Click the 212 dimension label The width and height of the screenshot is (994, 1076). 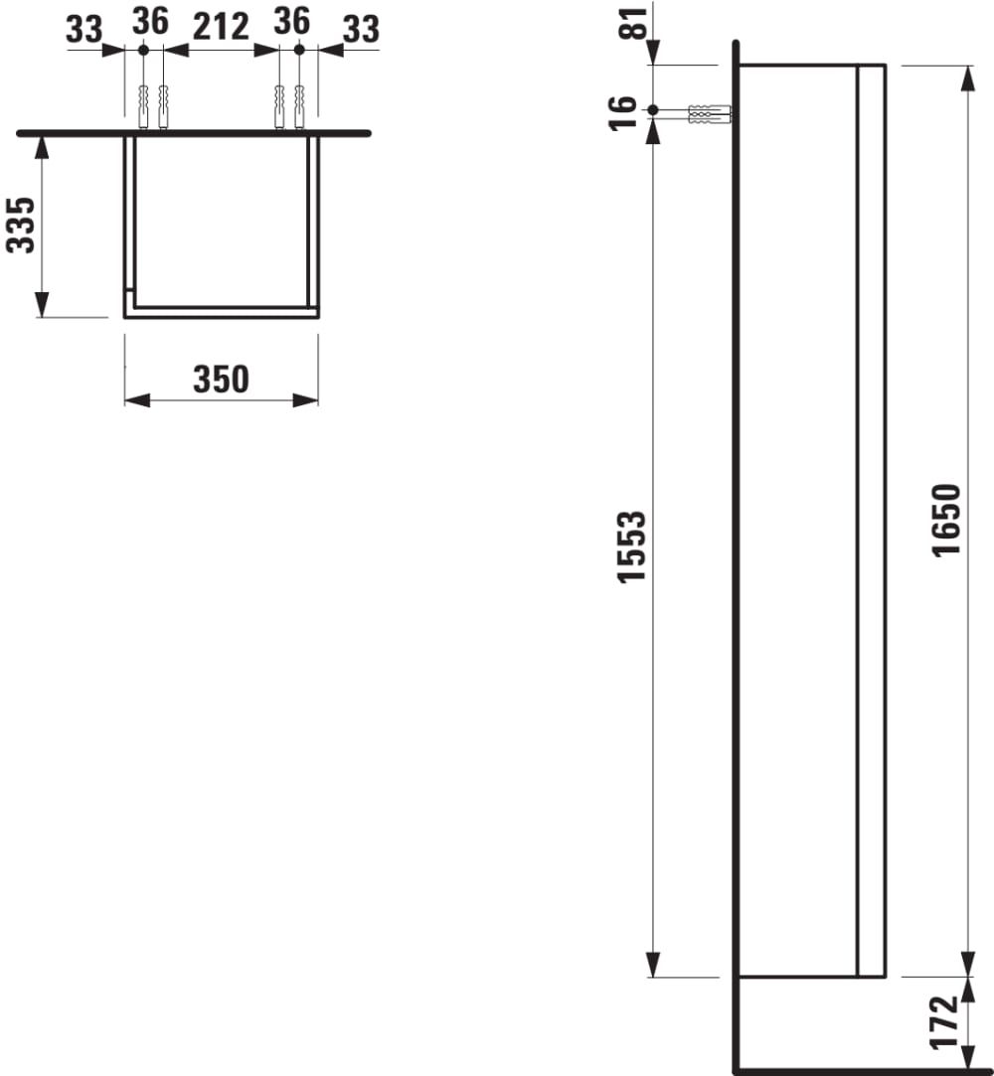point(221,28)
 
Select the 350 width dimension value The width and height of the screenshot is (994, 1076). point(221,380)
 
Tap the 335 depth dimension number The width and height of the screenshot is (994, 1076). point(21,226)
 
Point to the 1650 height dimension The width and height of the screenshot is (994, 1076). point(946,521)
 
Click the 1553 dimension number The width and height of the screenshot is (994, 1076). point(631,546)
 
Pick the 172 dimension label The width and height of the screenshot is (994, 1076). point(943,1023)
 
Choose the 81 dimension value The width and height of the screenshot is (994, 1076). point(634,23)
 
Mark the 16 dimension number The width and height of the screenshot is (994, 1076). point(623,113)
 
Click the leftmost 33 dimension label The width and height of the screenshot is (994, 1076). point(83,30)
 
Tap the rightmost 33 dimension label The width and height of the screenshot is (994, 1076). point(361,30)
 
